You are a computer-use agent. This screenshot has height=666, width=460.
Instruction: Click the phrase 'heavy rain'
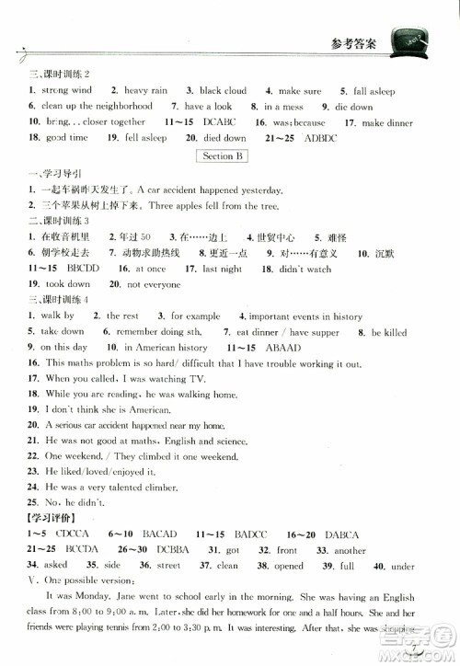145,91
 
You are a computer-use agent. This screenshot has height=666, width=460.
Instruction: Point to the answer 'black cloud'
223,91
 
